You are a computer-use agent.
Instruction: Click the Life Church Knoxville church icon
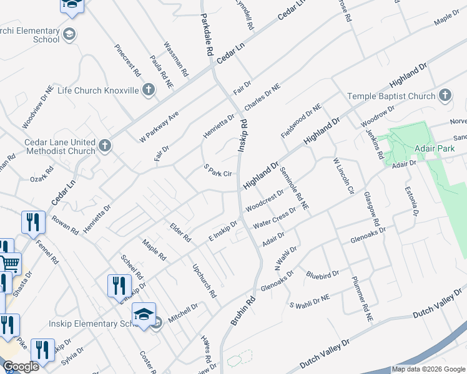(148, 90)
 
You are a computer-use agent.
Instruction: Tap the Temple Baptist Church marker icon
(445, 95)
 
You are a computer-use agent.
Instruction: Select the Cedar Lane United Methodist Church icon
(105, 146)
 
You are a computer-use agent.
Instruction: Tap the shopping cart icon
(11, 264)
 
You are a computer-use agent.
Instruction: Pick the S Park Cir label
(219, 170)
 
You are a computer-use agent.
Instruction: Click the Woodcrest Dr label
(265, 201)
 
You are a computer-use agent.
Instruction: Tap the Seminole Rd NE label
(294, 187)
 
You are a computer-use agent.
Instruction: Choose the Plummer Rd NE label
(361, 299)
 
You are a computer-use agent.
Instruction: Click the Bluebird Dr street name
(322, 274)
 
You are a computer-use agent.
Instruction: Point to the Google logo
(21, 367)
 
